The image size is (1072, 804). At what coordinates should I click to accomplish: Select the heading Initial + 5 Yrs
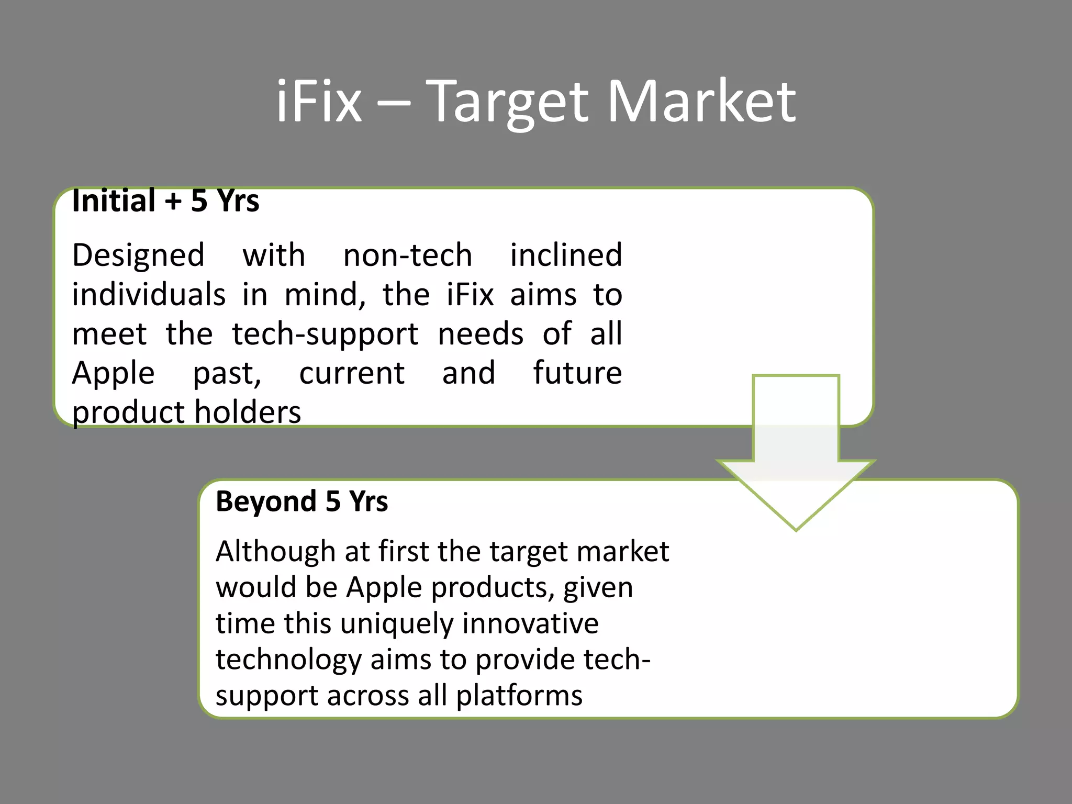point(165,201)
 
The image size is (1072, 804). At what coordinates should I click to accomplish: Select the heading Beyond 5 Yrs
point(301,501)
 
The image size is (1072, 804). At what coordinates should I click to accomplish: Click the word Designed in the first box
point(138,256)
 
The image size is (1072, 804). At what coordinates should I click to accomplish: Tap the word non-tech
point(408,256)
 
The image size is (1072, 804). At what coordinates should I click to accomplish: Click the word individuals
point(149,295)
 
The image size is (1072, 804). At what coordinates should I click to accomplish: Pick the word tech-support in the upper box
point(325,334)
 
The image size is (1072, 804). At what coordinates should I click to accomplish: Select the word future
point(577,373)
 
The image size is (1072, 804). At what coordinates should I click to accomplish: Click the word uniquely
point(397,624)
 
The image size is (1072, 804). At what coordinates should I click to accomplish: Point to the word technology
point(288,660)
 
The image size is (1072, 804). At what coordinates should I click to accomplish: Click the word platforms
point(519,696)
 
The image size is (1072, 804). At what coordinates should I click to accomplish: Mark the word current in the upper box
point(352,373)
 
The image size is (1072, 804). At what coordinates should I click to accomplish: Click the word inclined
point(566,256)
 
